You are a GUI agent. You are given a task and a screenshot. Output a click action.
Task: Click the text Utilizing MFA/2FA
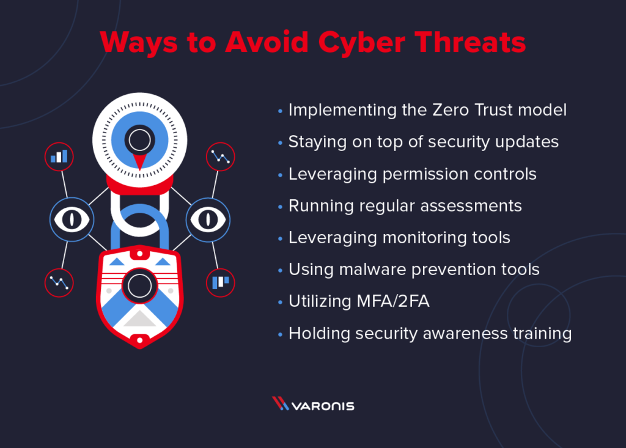[359, 301]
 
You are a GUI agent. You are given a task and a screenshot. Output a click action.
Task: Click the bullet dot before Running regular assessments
[280, 206]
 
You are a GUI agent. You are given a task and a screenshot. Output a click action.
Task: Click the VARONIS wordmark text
[324, 405]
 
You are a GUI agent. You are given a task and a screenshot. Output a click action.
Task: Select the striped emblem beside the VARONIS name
[281, 404]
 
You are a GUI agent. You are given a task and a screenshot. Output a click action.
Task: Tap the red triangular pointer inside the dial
[139, 161]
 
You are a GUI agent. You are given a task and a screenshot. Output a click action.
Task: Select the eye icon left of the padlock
[71, 219]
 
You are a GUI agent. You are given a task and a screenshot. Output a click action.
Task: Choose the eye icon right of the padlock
[207, 219]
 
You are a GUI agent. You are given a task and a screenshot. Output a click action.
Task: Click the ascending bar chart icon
[59, 156]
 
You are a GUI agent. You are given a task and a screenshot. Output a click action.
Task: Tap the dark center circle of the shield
[139, 285]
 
